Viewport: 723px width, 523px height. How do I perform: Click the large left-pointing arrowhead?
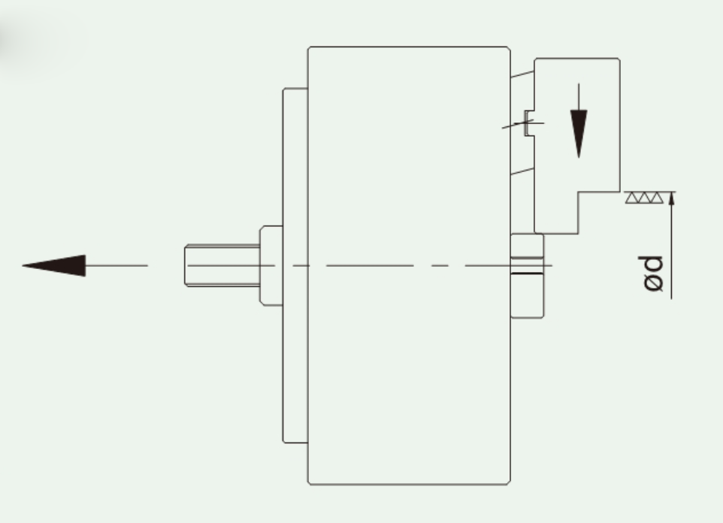click(56, 265)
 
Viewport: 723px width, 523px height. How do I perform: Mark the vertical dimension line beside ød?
click(671, 248)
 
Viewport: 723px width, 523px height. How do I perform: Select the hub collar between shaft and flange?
click(271, 265)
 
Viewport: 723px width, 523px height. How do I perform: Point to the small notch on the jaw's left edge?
click(529, 124)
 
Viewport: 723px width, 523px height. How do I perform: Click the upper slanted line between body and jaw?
click(522, 74)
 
